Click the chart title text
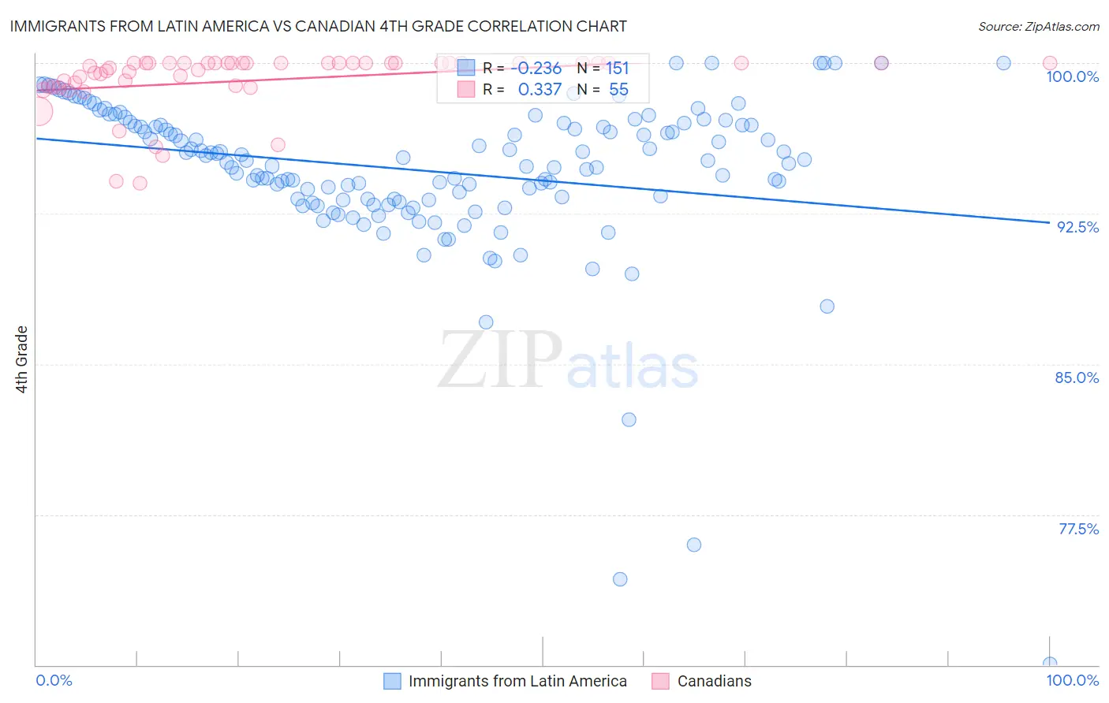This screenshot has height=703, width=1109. click(x=319, y=26)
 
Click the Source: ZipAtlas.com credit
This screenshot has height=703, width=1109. click(x=1038, y=26)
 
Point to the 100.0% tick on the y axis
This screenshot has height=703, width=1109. click(x=1072, y=76)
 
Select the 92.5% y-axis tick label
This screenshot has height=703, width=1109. click(x=1077, y=227)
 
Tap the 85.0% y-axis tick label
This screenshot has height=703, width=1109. click(x=1077, y=378)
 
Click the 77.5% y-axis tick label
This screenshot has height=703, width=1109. click(x=1078, y=529)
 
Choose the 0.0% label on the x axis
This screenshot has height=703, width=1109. click(x=54, y=680)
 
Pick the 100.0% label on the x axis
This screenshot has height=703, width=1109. click(x=1072, y=680)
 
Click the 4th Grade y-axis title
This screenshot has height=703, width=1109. click(x=22, y=359)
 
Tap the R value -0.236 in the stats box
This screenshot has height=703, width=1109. click(x=536, y=69)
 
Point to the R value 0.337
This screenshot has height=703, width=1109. click(x=540, y=90)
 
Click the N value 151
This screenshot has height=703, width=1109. click(x=617, y=69)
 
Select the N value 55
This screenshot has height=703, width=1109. click(x=618, y=90)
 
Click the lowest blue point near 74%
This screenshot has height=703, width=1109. click(x=620, y=579)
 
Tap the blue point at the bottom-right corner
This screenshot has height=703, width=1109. click(x=1049, y=664)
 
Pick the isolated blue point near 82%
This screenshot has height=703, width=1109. click(x=629, y=419)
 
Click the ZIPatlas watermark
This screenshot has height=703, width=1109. click(x=568, y=361)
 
